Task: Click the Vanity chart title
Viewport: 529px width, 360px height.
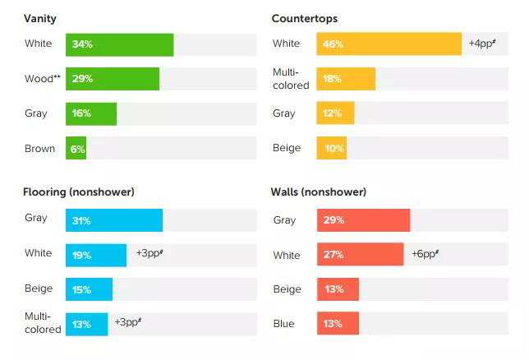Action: [40, 18]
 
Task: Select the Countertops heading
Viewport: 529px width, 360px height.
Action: [304, 18]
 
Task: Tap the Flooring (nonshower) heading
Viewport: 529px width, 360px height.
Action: [79, 192]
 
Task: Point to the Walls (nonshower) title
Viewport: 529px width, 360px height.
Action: [319, 192]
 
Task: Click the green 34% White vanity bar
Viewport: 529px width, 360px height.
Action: [120, 44]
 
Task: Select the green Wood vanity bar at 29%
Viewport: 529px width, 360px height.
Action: [113, 79]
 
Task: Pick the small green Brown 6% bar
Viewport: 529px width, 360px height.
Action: [76, 149]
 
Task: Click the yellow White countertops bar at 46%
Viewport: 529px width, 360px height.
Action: [389, 44]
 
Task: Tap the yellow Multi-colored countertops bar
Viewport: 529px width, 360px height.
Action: [346, 79]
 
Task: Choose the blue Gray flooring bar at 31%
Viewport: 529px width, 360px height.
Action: [114, 220]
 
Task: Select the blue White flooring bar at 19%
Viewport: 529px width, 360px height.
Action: [96, 255]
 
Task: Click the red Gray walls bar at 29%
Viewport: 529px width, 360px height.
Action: [363, 220]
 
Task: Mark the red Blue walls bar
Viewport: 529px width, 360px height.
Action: [337, 324]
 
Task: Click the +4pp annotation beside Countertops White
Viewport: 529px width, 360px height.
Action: [481, 43]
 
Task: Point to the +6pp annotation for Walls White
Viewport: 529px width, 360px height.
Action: [425, 254]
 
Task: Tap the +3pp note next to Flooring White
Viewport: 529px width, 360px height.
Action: [149, 253]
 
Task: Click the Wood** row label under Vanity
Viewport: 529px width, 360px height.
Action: [43, 79]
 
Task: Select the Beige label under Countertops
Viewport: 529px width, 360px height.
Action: [287, 149]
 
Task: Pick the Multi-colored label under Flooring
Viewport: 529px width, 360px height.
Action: [43, 323]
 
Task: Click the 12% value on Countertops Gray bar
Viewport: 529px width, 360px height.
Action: [332, 113]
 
